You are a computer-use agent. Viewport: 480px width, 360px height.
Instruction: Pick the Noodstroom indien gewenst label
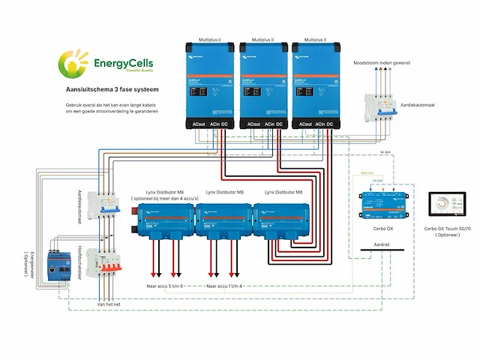pyautogui.click(x=382, y=62)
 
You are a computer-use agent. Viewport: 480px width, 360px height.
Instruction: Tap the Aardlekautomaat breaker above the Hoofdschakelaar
pyautogui.click(x=103, y=205)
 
